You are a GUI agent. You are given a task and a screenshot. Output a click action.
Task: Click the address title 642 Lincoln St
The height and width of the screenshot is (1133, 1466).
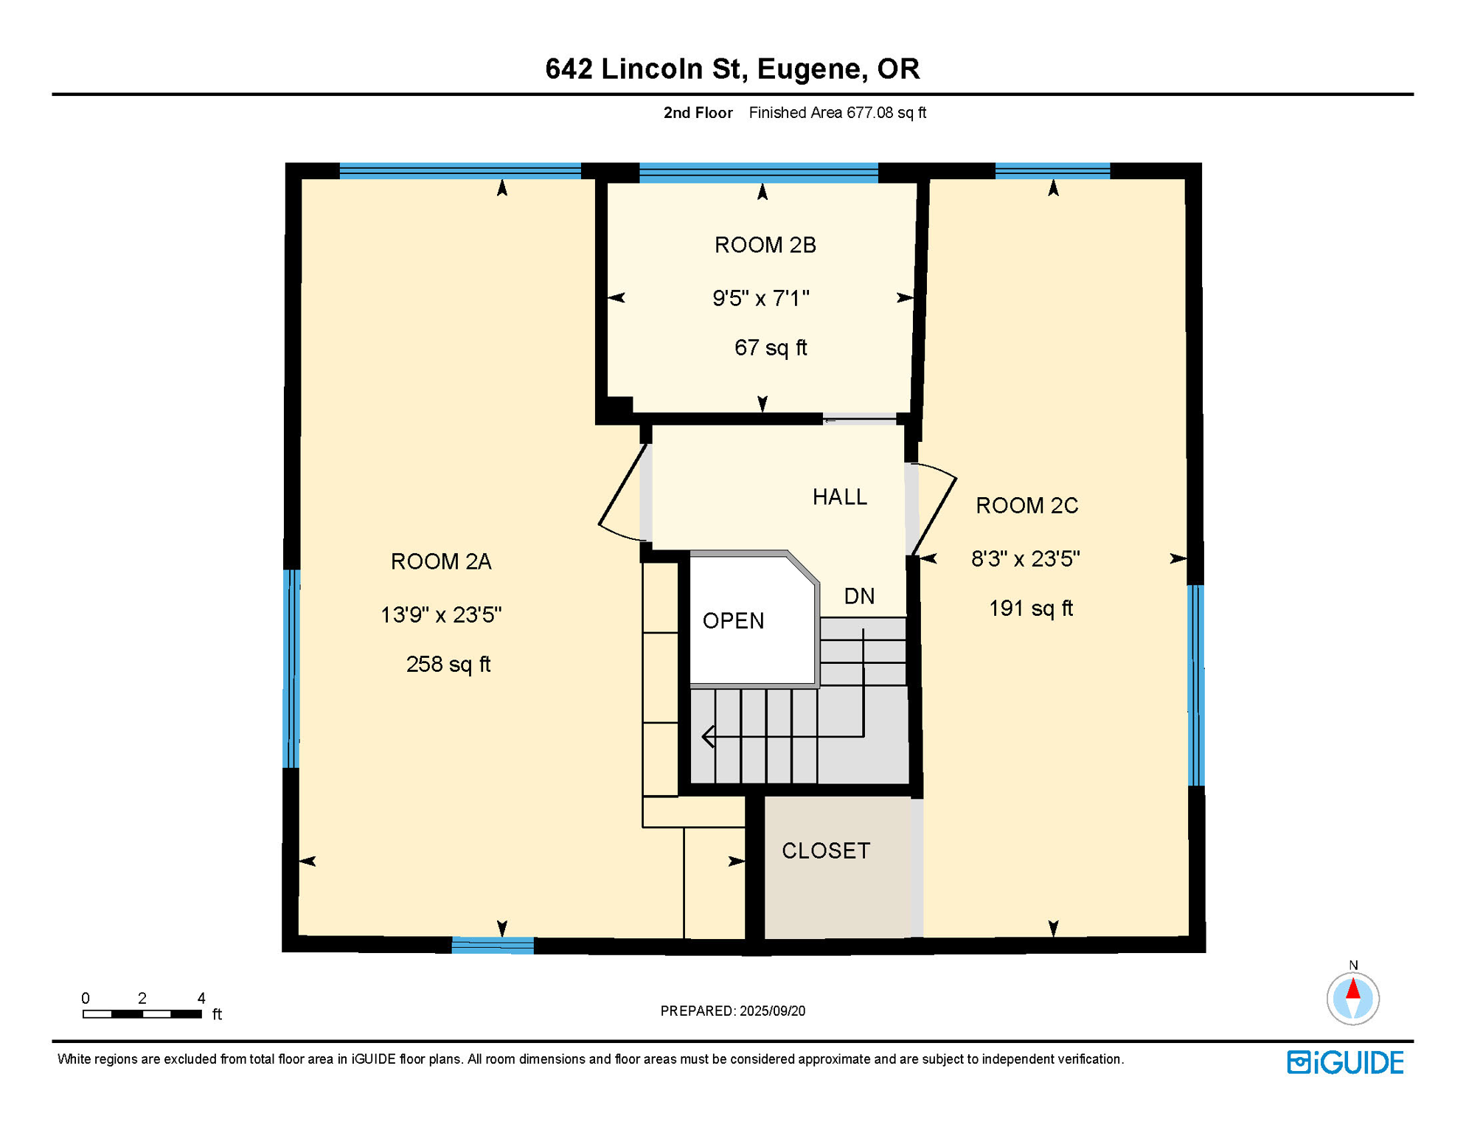click(x=732, y=69)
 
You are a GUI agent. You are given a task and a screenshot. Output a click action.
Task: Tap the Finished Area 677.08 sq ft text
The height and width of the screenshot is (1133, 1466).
click(x=837, y=113)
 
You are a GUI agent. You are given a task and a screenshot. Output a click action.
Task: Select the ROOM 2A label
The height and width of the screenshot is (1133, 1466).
click(x=441, y=562)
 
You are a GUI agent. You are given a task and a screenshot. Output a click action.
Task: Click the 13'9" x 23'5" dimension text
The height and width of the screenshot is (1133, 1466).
click(x=441, y=615)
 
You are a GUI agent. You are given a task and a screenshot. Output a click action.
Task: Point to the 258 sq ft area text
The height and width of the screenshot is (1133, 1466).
click(x=448, y=665)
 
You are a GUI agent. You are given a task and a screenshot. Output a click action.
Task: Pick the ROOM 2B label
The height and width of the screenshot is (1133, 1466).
click(x=765, y=246)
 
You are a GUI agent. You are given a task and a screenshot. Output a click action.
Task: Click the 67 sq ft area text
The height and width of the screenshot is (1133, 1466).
click(x=770, y=348)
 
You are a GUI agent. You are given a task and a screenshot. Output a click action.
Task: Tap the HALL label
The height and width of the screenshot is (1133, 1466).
click(x=839, y=497)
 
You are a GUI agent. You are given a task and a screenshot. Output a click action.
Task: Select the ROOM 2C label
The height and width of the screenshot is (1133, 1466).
click(x=1026, y=506)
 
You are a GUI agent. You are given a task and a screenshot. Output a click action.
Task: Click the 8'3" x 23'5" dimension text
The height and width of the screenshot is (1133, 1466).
click(x=1025, y=559)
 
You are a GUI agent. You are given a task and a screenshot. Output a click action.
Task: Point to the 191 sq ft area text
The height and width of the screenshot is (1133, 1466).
click(x=1030, y=609)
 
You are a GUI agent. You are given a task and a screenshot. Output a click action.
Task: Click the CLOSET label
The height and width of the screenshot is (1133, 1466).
click(x=826, y=851)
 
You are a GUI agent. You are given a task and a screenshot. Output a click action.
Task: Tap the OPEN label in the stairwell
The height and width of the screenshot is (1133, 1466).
click(x=733, y=621)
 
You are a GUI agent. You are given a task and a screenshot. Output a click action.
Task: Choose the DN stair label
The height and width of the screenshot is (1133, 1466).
click(x=859, y=597)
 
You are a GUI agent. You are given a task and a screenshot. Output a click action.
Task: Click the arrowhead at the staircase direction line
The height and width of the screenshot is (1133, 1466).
click(x=708, y=736)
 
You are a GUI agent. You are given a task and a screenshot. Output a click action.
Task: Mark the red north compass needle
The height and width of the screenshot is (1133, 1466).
click(x=1352, y=989)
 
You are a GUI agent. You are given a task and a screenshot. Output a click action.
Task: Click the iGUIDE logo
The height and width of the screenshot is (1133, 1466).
click(x=1345, y=1063)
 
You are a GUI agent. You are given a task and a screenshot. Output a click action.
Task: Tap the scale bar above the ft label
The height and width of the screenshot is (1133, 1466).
click(x=142, y=1014)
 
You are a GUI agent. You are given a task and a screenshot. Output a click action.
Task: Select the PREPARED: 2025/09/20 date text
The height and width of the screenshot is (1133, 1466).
click(x=732, y=1011)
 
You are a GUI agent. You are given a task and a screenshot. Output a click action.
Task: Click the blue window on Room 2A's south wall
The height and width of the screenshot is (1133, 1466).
click(x=492, y=946)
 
